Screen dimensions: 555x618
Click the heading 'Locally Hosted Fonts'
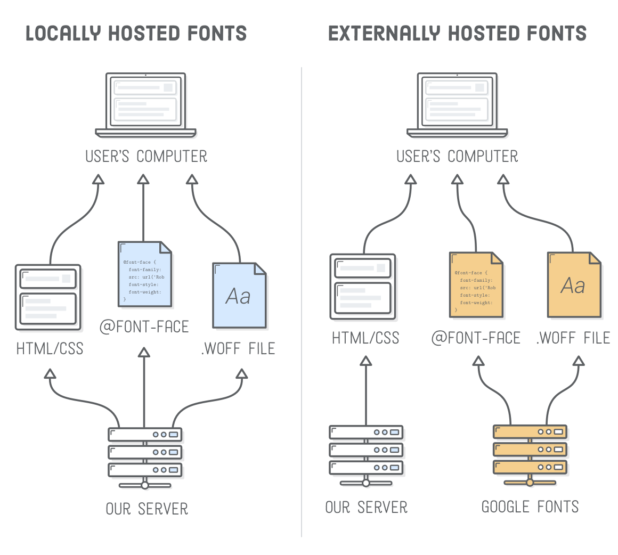(x=136, y=34)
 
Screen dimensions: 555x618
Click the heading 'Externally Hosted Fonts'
(x=457, y=34)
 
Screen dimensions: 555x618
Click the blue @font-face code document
(x=145, y=274)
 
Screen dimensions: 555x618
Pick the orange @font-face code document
(x=476, y=285)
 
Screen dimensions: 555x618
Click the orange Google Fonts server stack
(x=530, y=450)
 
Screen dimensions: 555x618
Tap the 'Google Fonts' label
(x=530, y=507)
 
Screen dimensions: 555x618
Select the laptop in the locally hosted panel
(x=145, y=104)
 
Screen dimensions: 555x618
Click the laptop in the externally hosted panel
(x=457, y=104)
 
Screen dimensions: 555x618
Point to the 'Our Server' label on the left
(x=147, y=509)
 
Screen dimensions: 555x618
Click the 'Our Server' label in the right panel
(x=366, y=507)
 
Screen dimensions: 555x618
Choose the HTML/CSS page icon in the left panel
(x=48, y=296)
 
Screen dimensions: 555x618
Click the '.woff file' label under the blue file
(x=238, y=349)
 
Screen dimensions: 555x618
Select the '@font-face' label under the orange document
(x=476, y=338)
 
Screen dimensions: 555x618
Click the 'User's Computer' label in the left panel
(x=146, y=157)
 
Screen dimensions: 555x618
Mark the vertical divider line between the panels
(x=302, y=298)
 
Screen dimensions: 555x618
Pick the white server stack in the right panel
(x=366, y=450)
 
